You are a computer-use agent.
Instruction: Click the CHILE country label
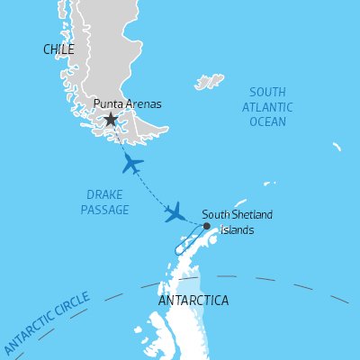point(58,49)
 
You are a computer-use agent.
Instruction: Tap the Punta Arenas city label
point(128,104)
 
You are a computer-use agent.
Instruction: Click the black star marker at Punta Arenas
point(111,119)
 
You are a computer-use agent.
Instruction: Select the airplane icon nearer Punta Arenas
point(132,164)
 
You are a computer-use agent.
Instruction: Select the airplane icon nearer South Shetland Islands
point(175,213)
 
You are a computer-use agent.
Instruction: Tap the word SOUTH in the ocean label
point(267,92)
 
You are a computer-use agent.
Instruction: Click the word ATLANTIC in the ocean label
point(267,106)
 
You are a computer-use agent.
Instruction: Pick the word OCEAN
point(267,121)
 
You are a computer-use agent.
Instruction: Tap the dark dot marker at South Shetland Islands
point(206,226)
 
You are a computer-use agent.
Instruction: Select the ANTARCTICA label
point(193,300)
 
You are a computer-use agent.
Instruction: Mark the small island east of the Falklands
point(336,145)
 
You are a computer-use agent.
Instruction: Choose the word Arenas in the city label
point(144,104)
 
